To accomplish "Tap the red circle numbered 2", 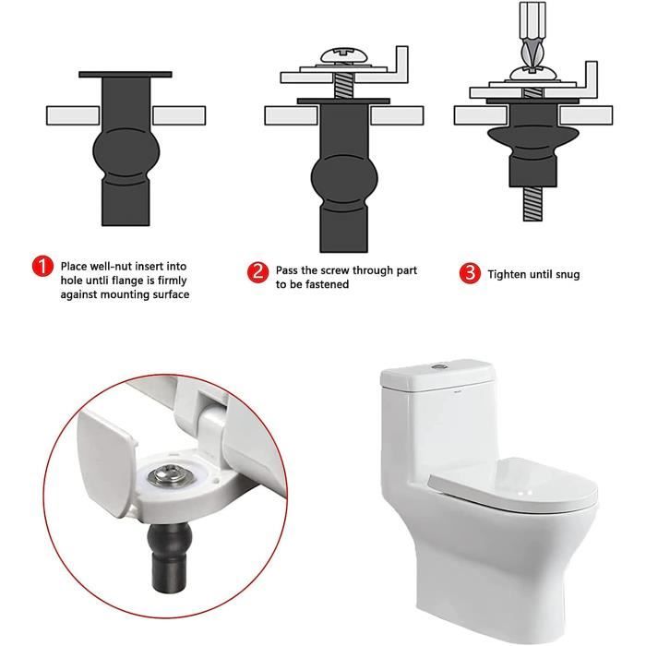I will (258, 272).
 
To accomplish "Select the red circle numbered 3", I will (471, 273).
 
